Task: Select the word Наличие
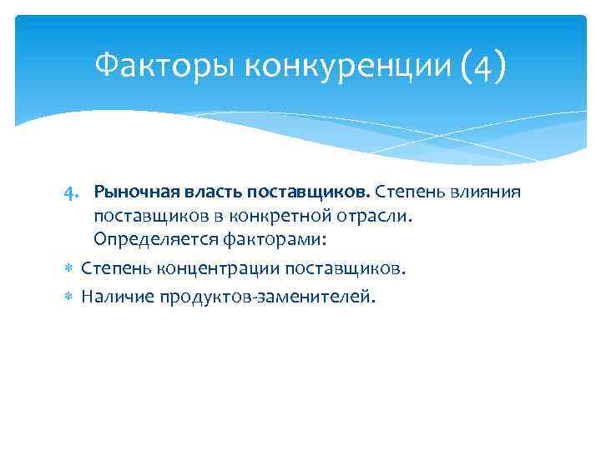115,296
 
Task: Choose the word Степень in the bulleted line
113,270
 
